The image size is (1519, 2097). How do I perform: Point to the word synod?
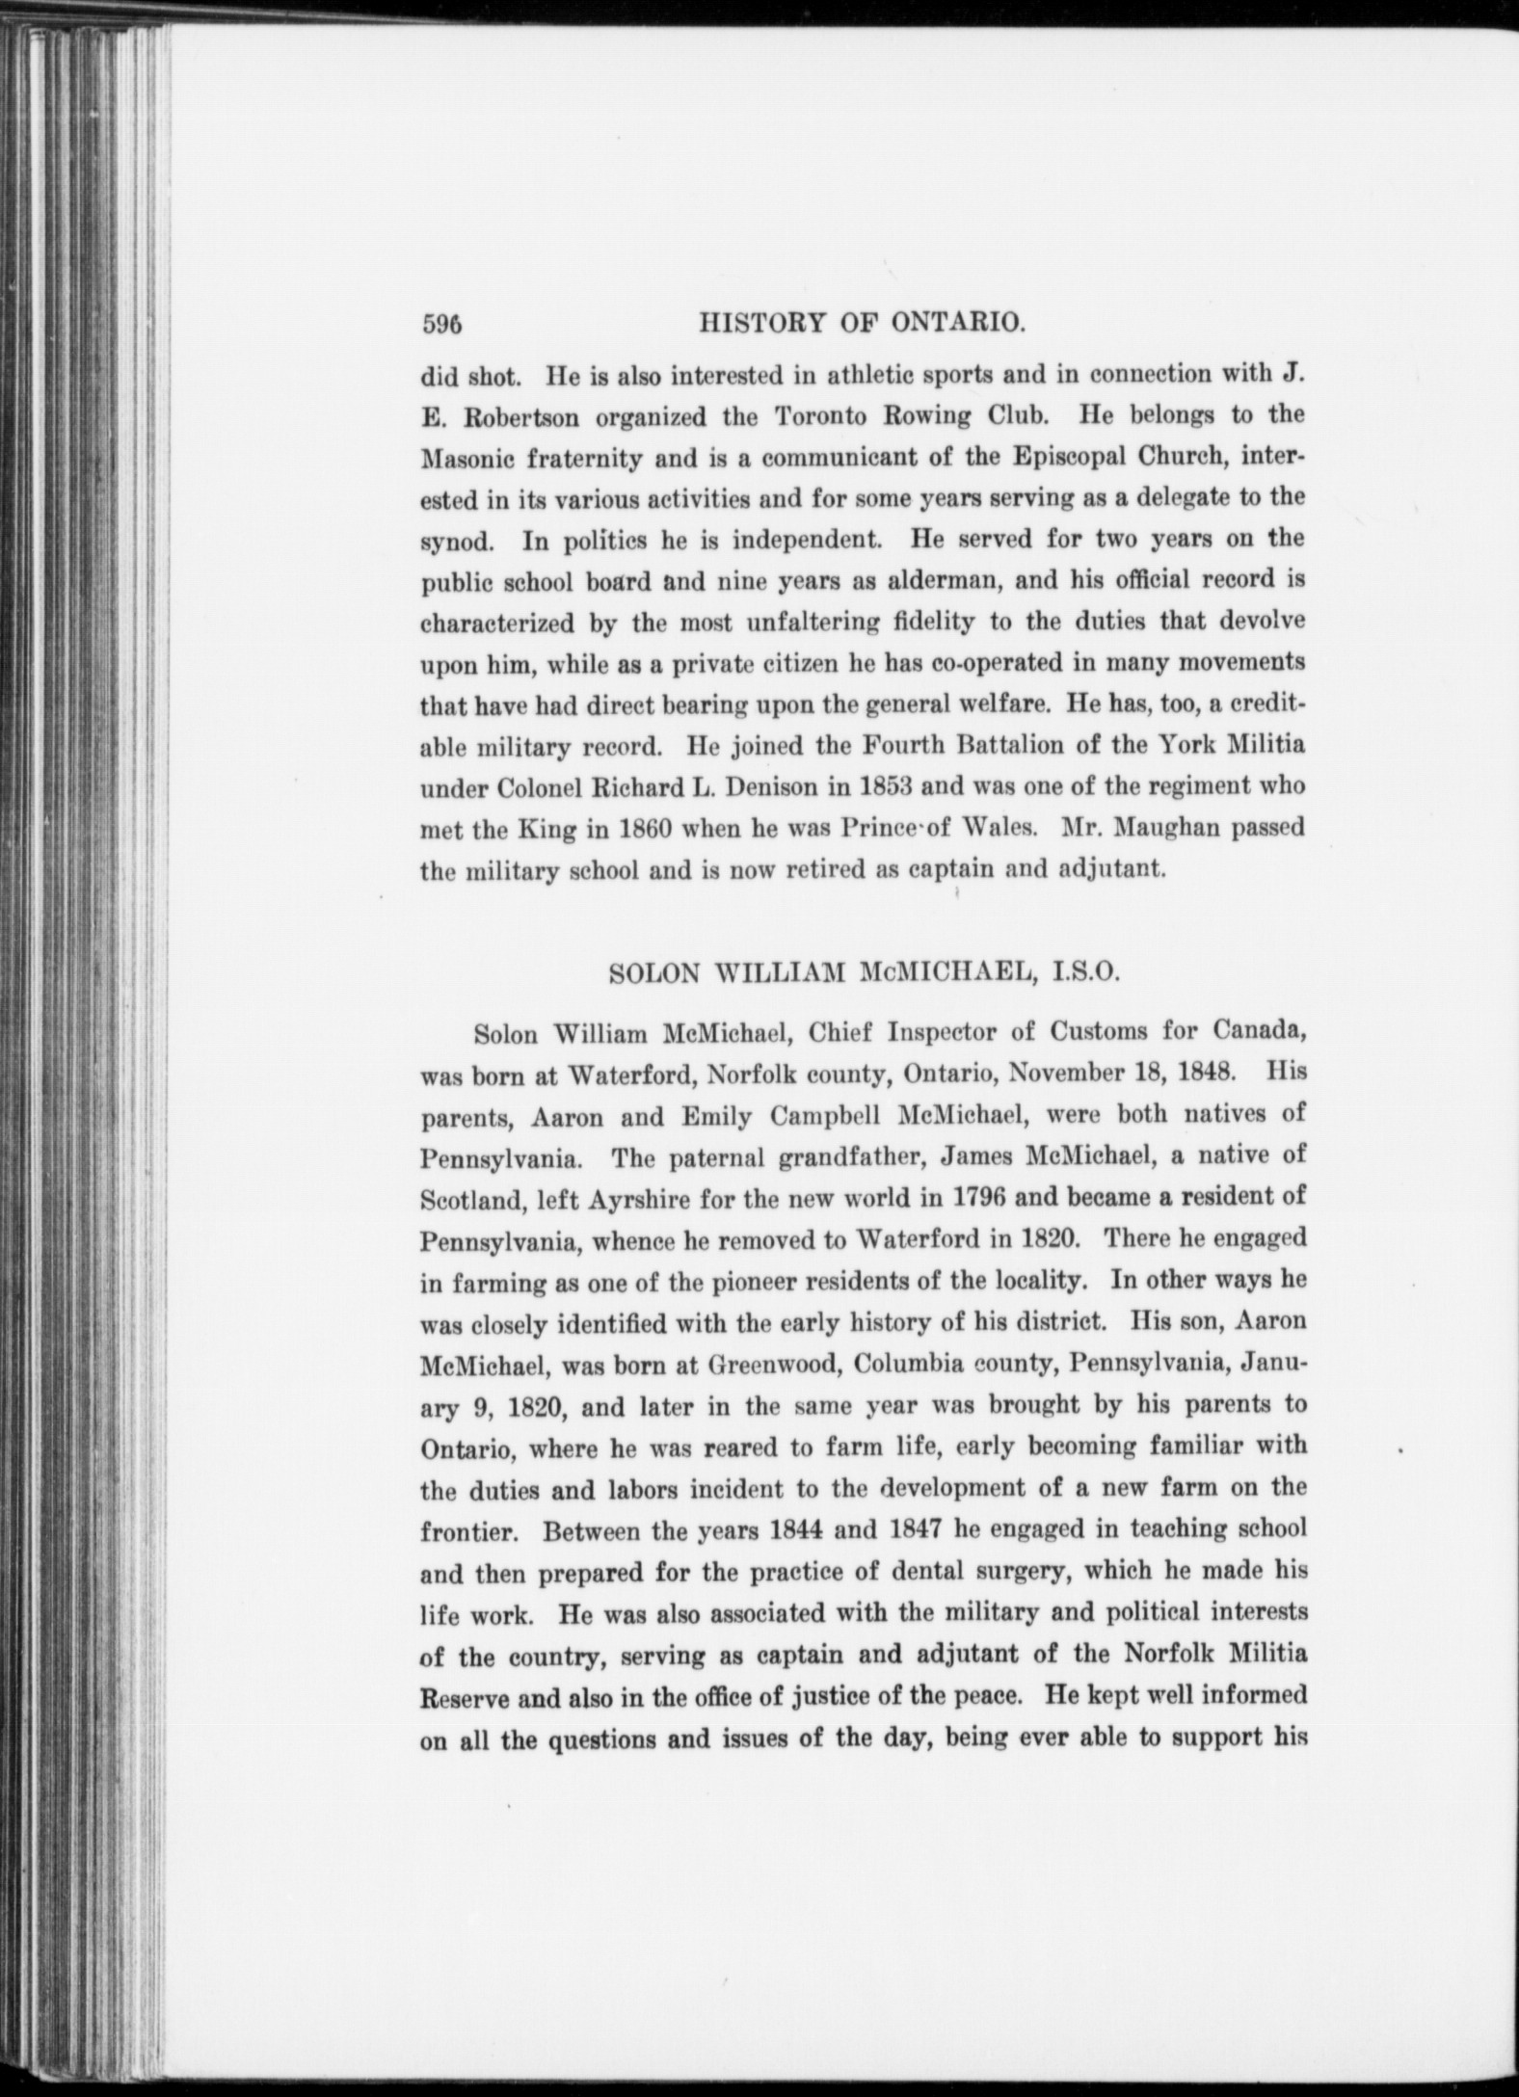(x=458, y=542)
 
